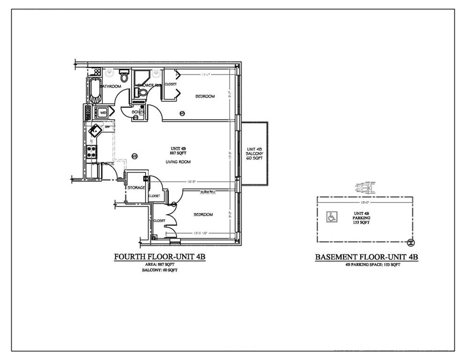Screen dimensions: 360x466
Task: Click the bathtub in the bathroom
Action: click(95, 91)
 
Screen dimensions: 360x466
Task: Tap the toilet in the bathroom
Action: click(124, 76)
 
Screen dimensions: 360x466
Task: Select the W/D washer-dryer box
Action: click(101, 113)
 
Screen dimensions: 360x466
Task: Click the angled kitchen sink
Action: click(96, 130)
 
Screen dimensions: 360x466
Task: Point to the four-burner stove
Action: click(91, 151)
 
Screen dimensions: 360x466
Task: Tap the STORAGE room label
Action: click(136, 187)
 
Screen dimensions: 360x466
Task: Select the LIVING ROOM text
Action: click(176, 162)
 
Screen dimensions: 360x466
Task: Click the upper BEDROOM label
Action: click(205, 97)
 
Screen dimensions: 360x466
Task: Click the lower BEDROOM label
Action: click(203, 215)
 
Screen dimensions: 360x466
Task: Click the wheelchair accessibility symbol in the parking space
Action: click(331, 217)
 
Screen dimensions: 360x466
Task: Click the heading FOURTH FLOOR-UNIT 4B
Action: click(160, 257)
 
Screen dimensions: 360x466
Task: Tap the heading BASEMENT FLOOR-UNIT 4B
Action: click(366, 257)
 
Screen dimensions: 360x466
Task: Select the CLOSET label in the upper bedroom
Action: click(170, 84)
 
